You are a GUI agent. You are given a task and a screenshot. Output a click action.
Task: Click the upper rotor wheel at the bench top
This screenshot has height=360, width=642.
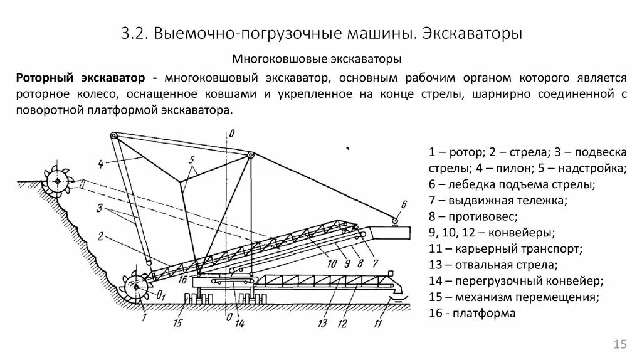(x=58, y=181)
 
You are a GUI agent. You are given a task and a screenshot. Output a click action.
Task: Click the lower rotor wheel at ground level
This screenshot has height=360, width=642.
(x=135, y=287)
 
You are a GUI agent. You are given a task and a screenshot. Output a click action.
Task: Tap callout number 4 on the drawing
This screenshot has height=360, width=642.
(x=100, y=165)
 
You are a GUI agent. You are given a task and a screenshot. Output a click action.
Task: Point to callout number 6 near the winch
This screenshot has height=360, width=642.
(x=403, y=203)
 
